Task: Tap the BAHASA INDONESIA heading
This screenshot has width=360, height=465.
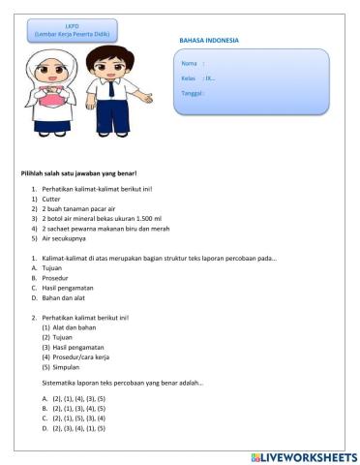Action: click(208, 41)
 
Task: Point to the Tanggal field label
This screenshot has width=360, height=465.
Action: click(193, 93)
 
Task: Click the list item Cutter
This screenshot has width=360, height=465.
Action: click(51, 199)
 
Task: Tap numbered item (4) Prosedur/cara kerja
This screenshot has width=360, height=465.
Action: click(78, 357)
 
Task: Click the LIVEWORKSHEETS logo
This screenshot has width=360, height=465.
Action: click(303, 455)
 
